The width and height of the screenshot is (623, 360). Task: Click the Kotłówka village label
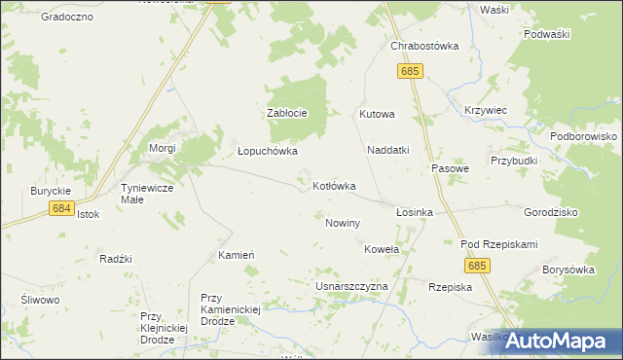tap(334, 185)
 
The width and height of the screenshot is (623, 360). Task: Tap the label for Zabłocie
tap(287, 113)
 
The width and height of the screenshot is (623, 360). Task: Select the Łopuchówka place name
tap(268, 152)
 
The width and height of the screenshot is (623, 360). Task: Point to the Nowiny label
tap(343, 223)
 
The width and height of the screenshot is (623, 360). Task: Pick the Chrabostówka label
tap(423, 46)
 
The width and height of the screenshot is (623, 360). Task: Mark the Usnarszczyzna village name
tap(351, 287)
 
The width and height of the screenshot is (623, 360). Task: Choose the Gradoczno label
tap(67, 17)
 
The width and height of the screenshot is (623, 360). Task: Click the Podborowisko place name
tap(583, 137)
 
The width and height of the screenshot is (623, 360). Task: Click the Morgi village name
tap(161, 148)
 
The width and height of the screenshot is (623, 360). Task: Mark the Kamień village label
tap(237, 254)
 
